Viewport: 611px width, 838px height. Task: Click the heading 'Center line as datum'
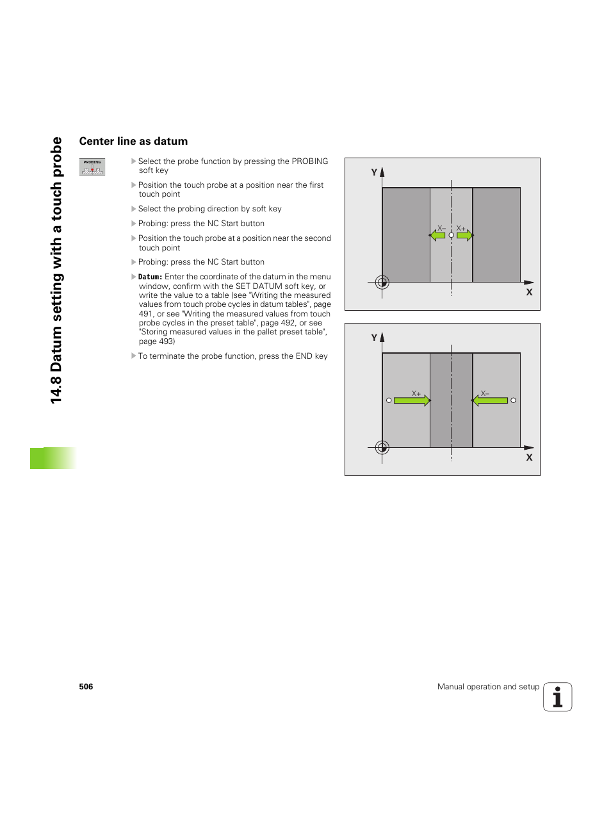tap(133, 142)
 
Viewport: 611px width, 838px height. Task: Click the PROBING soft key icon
tap(92, 167)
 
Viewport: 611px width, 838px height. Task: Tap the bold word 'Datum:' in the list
tap(150, 277)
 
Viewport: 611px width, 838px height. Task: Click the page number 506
tap(86, 687)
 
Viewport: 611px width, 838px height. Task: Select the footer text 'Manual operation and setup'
tap(488, 687)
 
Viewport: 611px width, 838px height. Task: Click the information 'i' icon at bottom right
tap(557, 697)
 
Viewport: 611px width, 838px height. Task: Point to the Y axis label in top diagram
tap(374, 172)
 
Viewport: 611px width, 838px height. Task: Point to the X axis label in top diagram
tap(529, 292)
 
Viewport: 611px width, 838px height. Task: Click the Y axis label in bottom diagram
tap(374, 338)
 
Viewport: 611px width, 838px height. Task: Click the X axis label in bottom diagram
tap(529, 457)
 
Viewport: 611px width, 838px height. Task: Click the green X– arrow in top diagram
tap(438, 236)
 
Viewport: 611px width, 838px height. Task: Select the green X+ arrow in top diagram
tap(464, 236)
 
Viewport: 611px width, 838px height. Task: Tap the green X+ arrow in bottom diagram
tap(412, 400)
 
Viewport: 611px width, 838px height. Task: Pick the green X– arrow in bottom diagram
tap(490, 400)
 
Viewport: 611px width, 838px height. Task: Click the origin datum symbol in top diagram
tap(382, 282)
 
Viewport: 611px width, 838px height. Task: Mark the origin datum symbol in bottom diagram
tap(382, 447)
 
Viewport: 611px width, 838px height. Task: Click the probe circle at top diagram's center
tap(452, 236)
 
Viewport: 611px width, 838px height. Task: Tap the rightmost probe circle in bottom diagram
tap(513, 400)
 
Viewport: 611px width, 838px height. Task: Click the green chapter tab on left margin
tap(53, 458)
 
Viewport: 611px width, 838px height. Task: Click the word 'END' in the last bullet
tap(304, 356)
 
